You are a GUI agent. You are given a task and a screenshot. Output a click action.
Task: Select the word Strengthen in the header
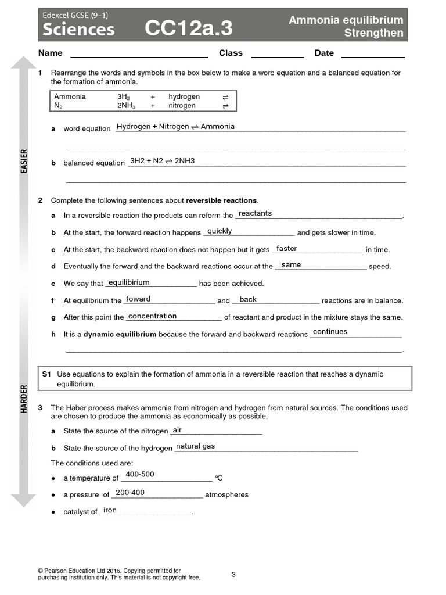pyautogui.click(x=373, y=33)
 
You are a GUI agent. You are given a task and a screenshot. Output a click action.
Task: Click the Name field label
pyautogui.click(x=50, y=53)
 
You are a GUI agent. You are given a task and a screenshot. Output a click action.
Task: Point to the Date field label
pyautogui.click(x=324, y=53)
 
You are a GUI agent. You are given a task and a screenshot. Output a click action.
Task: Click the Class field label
pyautogui.click(x=231, y=53)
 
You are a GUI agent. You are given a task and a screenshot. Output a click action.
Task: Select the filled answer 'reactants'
pyautogui.click(x=255, y=213)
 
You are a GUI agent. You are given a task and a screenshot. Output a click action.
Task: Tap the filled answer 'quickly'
pyautogui.click(x=220, y=231)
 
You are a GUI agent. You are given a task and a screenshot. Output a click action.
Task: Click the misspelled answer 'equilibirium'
pyautogui.click(x=129, y=282)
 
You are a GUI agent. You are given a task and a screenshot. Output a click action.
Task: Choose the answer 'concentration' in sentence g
pyautogui.click(x=152, y=316)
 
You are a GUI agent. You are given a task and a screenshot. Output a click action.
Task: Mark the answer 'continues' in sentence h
pyautogui.click(x=330, y=332)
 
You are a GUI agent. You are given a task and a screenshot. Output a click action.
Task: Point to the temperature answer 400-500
pyautogui.click(x=140, y=474)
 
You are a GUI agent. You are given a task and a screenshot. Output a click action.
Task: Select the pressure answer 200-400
pyautogui.click(x=130, y=492)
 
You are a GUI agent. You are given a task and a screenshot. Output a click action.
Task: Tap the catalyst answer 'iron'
pyautogui.click(x=110, y=510)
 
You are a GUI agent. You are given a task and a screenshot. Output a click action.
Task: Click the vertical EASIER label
pyautogui.click(x=24, y=161)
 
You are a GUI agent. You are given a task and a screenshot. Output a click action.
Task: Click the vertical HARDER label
pyautogui.click(x=24, y=399)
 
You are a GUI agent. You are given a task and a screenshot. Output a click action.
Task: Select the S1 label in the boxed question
pyautogui.click(x=47, y=374)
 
